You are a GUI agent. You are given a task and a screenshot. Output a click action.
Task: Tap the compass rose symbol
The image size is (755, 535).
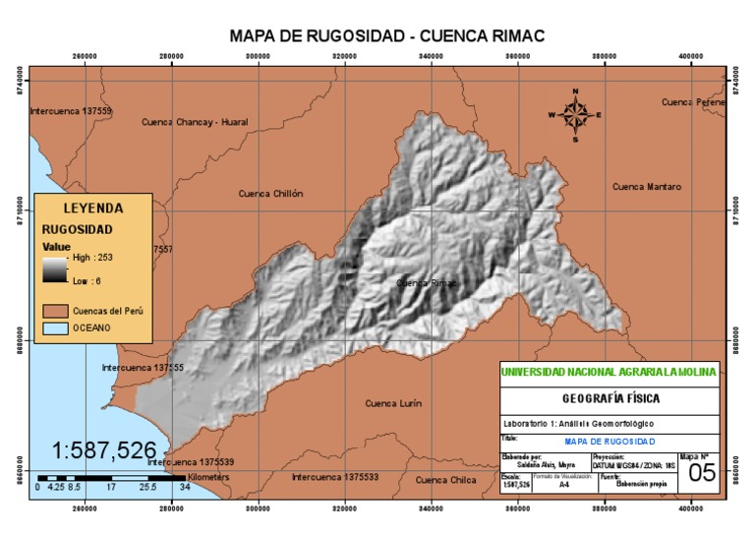pos(576,114)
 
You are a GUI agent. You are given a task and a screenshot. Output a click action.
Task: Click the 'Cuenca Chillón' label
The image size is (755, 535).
pos(270,194)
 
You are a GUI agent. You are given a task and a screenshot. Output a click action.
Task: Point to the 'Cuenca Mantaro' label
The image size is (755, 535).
pos(646,186)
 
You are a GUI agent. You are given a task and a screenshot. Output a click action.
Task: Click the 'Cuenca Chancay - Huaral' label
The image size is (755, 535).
pos(195,122)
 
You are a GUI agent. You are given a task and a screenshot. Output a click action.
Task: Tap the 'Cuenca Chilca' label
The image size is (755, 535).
pos(445,480)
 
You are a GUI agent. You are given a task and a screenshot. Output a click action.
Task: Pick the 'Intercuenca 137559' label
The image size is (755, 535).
pos(71,111)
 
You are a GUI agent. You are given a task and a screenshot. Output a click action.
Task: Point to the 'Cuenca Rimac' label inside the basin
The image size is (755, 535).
pos(427,282)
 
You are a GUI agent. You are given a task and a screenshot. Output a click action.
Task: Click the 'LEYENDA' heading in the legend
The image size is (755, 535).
pos(93,208)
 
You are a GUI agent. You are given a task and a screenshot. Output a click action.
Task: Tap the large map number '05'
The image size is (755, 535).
pos(701,473)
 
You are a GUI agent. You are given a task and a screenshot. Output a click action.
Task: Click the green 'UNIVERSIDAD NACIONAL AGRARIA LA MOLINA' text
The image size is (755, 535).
pos(610,372)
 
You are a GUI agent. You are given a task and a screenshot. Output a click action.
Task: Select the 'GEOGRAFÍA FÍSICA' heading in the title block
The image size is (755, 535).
pos(610,398)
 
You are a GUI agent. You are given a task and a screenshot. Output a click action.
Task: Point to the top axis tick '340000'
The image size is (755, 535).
pos(431,56)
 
